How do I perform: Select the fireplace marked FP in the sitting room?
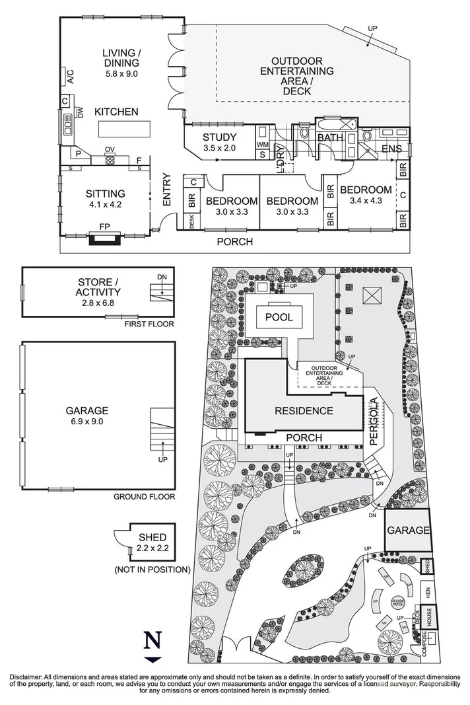(x=104, y=235)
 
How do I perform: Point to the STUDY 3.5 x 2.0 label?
(x=219, y=143)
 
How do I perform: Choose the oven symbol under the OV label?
(x=110, y=159)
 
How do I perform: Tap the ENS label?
(x=392, y=149)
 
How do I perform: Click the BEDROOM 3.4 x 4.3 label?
(x=366, y=195)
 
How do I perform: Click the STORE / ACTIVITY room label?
(x=99, y=288)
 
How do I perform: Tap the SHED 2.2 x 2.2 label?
(x=152, y=542)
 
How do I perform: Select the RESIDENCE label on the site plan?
(x=304, y=410)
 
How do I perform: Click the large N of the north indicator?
(x=152, y=641)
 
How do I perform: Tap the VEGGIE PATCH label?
(x=397, y=601)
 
